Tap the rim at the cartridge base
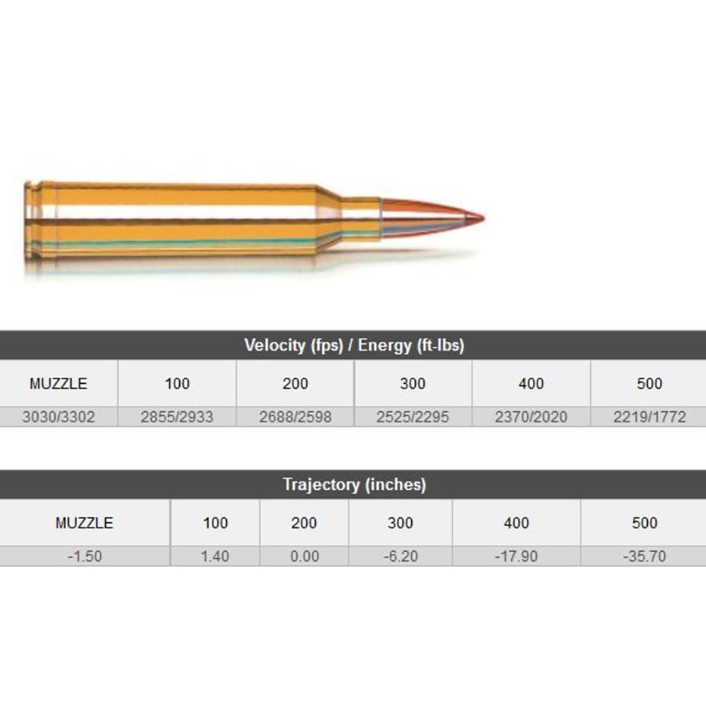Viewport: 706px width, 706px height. [29, 220]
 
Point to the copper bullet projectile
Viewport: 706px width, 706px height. [432, 218]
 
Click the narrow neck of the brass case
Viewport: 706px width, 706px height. [360, 218]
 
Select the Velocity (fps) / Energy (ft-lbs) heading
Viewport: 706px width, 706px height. [354, 345]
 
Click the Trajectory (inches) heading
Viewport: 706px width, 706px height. [354, 484]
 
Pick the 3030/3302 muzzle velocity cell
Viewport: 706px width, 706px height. [59, 417]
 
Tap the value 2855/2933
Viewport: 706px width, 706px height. [177, 417]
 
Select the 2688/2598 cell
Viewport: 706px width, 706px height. [295, 417]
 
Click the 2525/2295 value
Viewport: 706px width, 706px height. [413, 417]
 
